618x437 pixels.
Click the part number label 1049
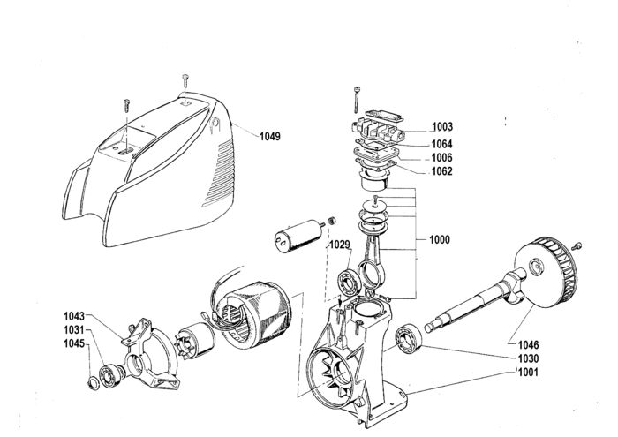tap(270, 137)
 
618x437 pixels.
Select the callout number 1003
tap(442, 127)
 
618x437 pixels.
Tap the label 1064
tap(441, 144)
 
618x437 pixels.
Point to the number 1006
tap(441, 158)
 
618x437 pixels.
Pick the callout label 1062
tap(441, 171)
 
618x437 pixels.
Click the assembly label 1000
tap(440, 239)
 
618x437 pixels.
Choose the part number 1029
tap(340, 245)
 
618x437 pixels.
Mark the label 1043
tap(74, 316)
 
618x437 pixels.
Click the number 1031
tap(74, 330)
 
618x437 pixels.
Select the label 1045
tap(74, 343)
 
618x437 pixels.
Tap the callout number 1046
tap(528, 345)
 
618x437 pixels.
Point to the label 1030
tap(528, 358)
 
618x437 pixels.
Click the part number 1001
tap(528, 372)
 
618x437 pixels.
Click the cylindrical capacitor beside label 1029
tap(298, 236)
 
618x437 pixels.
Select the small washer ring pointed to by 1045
tap(94, 383)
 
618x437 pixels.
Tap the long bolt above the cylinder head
tap(357, 100)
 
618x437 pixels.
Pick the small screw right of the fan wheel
tap(577, 246)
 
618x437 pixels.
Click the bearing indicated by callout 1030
tap(409, 339)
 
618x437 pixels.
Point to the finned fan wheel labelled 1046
tap(546, 273)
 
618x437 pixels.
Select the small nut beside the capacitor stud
tap(332, 221)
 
